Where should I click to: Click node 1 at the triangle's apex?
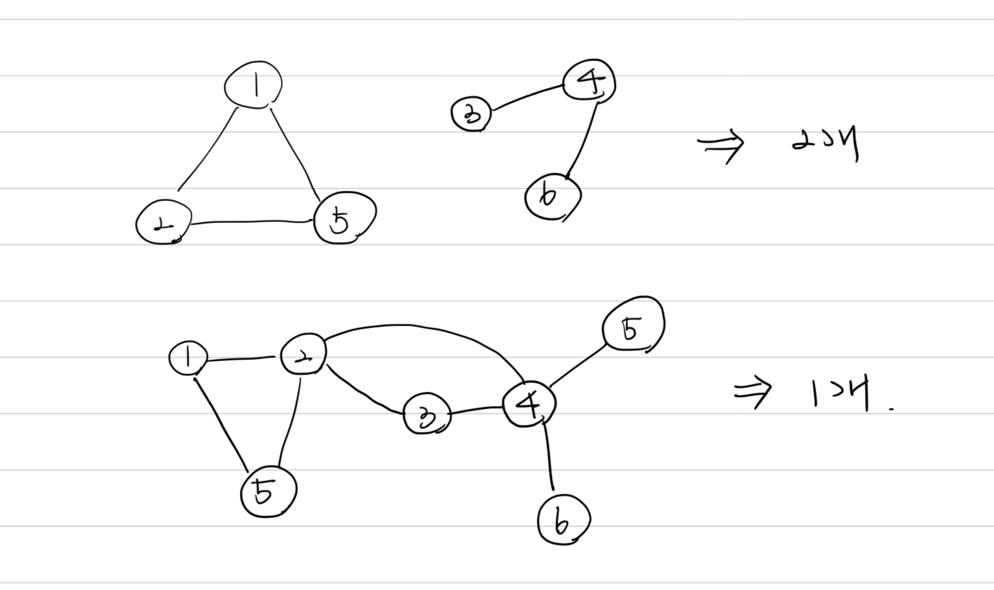[x=253, y=85]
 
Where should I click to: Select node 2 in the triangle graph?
[x=163, y=222]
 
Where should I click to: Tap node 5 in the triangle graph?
[x=344, y=218]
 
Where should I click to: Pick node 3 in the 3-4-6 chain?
[x=471, y=114]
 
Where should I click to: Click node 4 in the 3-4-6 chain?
[x=589, y=82]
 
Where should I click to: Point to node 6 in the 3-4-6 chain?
[x=552, y=196]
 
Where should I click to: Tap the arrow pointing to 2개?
[x=721, y=145]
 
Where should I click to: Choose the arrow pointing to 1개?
[x=753, y=392]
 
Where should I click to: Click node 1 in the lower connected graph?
[x=188, y=359]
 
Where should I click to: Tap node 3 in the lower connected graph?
[x=427, y=416]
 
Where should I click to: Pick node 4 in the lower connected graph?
[x=530, y=405]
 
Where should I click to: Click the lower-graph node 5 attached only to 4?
[x=633, y=325]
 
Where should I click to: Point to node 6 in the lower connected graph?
[x=563, y=520]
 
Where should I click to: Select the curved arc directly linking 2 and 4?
[x=415, y=326]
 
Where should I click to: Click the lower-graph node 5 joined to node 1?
[x=268, y=491]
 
